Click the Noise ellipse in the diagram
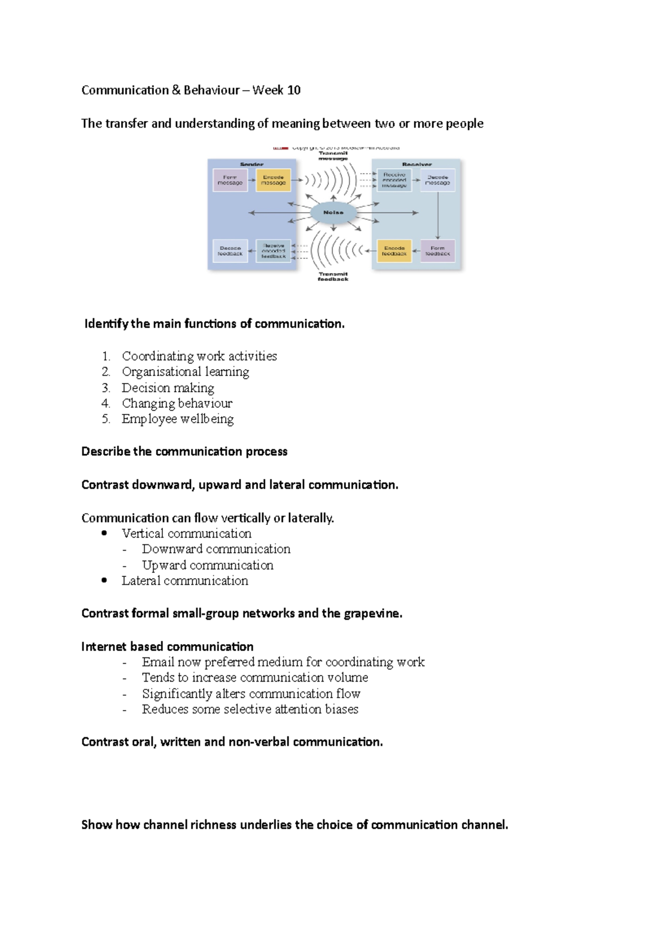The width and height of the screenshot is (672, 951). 333,212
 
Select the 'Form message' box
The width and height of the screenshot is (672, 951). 230,180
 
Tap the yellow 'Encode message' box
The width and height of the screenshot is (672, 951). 273,180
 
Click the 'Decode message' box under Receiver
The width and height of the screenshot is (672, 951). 437,180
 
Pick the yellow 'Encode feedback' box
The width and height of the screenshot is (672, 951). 394,251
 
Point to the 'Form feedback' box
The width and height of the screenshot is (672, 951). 437,251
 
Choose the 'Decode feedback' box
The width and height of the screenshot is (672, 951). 230,251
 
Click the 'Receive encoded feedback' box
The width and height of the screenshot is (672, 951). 273,251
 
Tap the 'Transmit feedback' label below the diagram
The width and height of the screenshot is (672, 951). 333,277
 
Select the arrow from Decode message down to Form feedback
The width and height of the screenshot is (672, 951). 438,216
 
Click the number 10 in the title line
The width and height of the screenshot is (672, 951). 293,90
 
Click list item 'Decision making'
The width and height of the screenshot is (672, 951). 168,388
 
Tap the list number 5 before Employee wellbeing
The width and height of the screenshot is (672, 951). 106,419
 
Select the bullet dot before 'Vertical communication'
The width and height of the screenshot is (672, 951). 104,533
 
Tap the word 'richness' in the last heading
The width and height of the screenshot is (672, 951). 213,824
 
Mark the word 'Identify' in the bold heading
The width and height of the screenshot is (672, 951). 106,324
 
